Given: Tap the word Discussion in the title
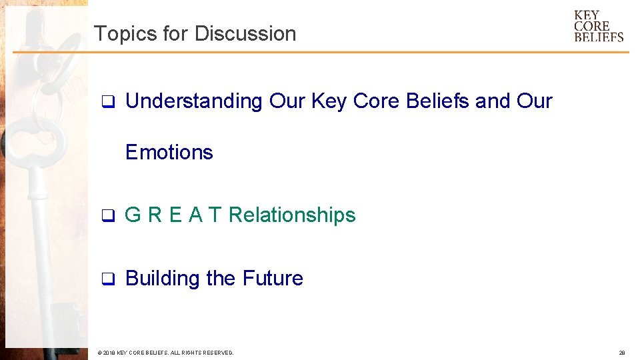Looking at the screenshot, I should pyautogui.click(x=245, y=33).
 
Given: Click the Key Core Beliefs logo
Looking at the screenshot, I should pyautogui.click(x=599, y=26).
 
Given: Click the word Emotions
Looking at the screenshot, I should pyautogui.click(x=169, y=152).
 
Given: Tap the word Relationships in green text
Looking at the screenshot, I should pyautogui.click(x=292, y=215).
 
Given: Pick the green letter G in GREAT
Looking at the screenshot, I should pyautogui.click(x=133, y=215).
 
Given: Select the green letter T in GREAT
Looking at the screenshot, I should pyautogui.click(x=215, y=215).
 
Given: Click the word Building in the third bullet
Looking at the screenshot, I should pyautogui.click(x=163, y=278).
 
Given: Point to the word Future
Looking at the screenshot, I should pyautogui.click(x=273, y=278).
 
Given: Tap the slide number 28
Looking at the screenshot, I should pyautogui.click(x=621, y=352).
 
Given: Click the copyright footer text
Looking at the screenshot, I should pyautogui.click(x=165, y=352).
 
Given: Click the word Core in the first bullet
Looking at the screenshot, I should pyautogui.click(x=377, y=101).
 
